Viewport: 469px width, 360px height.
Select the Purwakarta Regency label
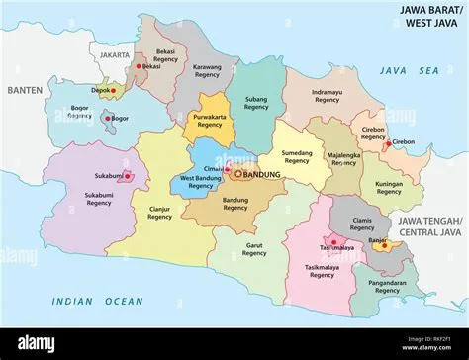[209, 121]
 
